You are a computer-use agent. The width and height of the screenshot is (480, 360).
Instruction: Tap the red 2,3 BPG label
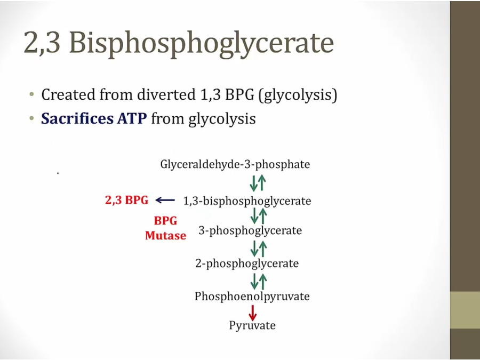pos(127,200)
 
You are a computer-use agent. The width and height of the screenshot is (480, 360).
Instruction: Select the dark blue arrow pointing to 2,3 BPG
pos(165,201)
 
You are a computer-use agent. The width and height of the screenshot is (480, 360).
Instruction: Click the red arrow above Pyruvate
pos(253,313)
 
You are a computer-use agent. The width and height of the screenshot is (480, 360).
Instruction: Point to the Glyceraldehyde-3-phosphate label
pos(235,165)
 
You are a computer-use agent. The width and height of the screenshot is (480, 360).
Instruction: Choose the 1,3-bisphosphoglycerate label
pos(247,201)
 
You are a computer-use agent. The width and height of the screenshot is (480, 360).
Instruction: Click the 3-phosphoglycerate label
pos(250,230)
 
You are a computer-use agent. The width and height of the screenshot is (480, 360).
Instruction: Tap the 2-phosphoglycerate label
pos(247,263)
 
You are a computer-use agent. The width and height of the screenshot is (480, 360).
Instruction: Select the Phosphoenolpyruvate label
pos(252,297)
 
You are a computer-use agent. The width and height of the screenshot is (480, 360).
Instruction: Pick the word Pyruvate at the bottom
pos(252,325)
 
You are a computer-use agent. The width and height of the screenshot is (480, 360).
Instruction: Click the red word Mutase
pos(166,235)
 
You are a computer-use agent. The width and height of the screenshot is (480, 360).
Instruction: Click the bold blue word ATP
pos(132,118)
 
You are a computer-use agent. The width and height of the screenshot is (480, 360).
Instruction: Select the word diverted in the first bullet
pos(166,94)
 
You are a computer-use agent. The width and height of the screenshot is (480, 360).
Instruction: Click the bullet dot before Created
pos(31,94)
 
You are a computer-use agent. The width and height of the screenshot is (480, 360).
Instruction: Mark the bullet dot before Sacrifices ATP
pos(31,118)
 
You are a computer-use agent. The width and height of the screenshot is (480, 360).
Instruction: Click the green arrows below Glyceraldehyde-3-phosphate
pos(258,183)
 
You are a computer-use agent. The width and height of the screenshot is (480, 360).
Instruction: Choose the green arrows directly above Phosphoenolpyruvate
pos(258,282)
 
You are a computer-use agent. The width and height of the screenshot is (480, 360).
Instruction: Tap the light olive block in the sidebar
pos(465,310)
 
